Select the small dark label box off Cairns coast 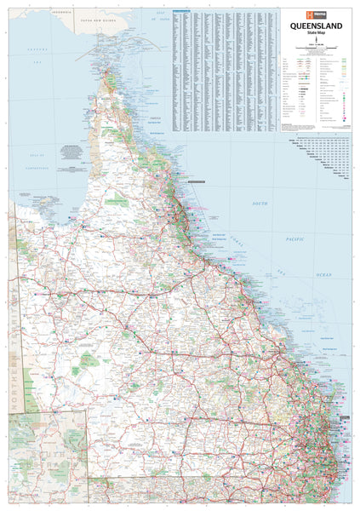[x=196, y=181]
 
